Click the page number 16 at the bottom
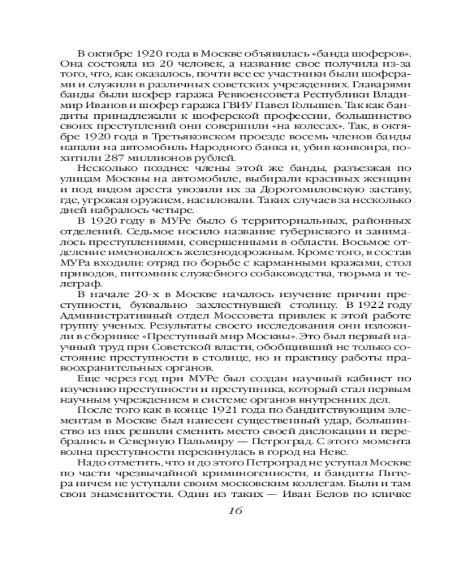tap(228, 510)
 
